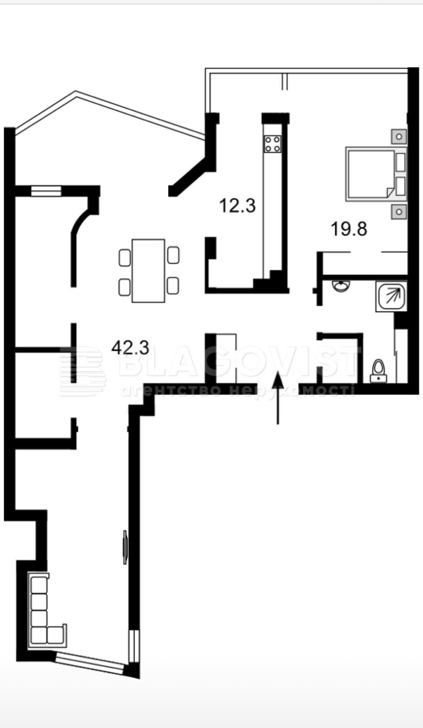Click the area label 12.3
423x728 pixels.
(237, 205)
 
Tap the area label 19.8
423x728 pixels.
(349, 229)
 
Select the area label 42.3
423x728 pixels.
(130, 347)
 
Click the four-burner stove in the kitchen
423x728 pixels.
(272, 144)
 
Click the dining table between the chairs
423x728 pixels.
(148, 271)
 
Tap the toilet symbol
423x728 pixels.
(378, 371)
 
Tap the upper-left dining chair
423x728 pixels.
(125, 258)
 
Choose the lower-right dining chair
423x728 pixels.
(173, 286)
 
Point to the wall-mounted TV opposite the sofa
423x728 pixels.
(125, 547)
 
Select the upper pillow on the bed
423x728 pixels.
(401, 162)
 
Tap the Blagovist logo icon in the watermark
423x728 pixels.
(83, 371)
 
